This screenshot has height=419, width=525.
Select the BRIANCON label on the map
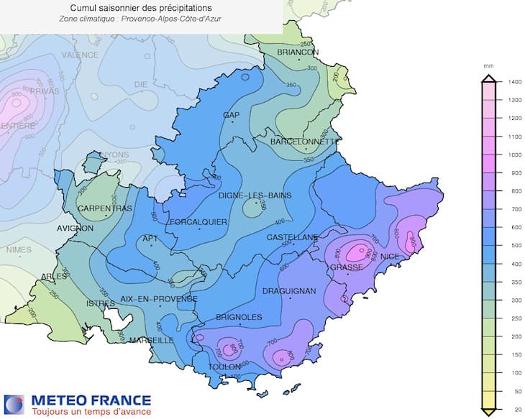click(298, 52)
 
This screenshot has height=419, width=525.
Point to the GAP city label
click(231, 115)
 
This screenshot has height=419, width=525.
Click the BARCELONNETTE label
click(303, 142)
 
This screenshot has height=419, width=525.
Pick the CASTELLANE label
click(292, 237)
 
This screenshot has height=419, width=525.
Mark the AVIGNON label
click(76, 229)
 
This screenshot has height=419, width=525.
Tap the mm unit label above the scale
click(489, 66)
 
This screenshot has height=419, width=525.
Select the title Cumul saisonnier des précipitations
click(141, 7)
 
